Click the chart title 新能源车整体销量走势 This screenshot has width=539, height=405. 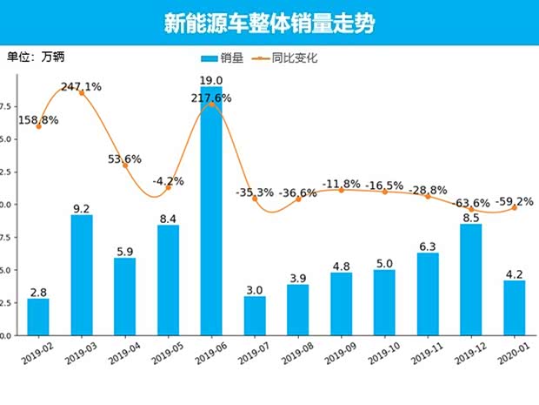pyautogui.click(x=269, y=24)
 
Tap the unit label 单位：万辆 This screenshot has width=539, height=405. pyautogui.click(x=36, y=57)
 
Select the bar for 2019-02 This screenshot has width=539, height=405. pyautogui.click(x=38, y=317)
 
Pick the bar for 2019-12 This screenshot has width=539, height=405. pyautogui.click(x=471, y=280)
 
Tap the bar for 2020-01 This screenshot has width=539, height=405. pyautogui.click(x=515, y=307)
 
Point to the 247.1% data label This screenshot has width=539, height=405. pyautogui.click(x=81, y=86)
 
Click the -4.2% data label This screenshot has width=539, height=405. pyautogui.click(x=168, y=182)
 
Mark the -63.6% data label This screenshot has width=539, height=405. pyautogui.click(x=471, y=203)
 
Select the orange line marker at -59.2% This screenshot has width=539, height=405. pyautogui.click(x=515, y=207)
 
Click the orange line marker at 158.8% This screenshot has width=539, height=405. pyautogui.click(x=38, y=126)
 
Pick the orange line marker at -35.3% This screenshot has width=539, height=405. pyautogui.click(x=255, y=199)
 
